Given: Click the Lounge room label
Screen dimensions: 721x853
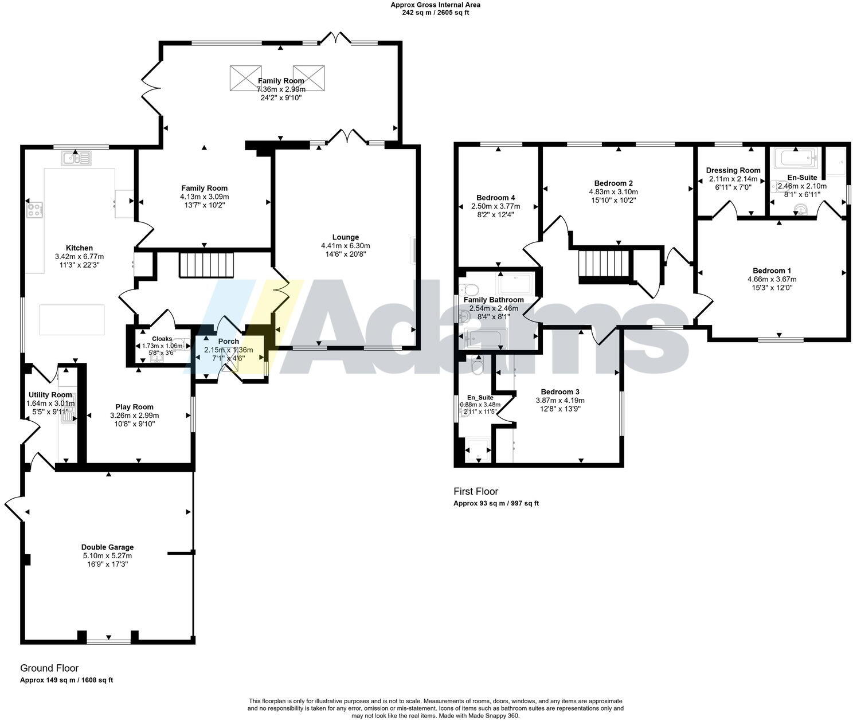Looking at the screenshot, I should tap(345, 237).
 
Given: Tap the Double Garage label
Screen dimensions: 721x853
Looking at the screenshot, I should tap(107, 547).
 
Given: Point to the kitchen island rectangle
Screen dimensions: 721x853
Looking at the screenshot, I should tap(72, 320).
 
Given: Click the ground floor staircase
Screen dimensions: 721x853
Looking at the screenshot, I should tap(207, 265).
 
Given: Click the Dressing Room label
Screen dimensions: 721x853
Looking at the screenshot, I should tap(733, 170).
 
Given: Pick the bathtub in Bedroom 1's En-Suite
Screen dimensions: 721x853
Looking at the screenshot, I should tap(795, 157).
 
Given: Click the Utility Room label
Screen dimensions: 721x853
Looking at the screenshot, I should tap(50, 395).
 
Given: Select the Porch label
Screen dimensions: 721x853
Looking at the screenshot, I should tap(228, 342).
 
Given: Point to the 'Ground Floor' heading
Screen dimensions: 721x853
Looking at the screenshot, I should tap(49, 668).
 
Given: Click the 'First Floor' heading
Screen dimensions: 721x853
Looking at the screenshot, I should tap(476, 491).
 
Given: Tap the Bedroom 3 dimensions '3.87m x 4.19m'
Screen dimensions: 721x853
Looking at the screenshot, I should tap(559, 401).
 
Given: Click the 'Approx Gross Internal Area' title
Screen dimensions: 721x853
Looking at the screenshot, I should tap(435, 5).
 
